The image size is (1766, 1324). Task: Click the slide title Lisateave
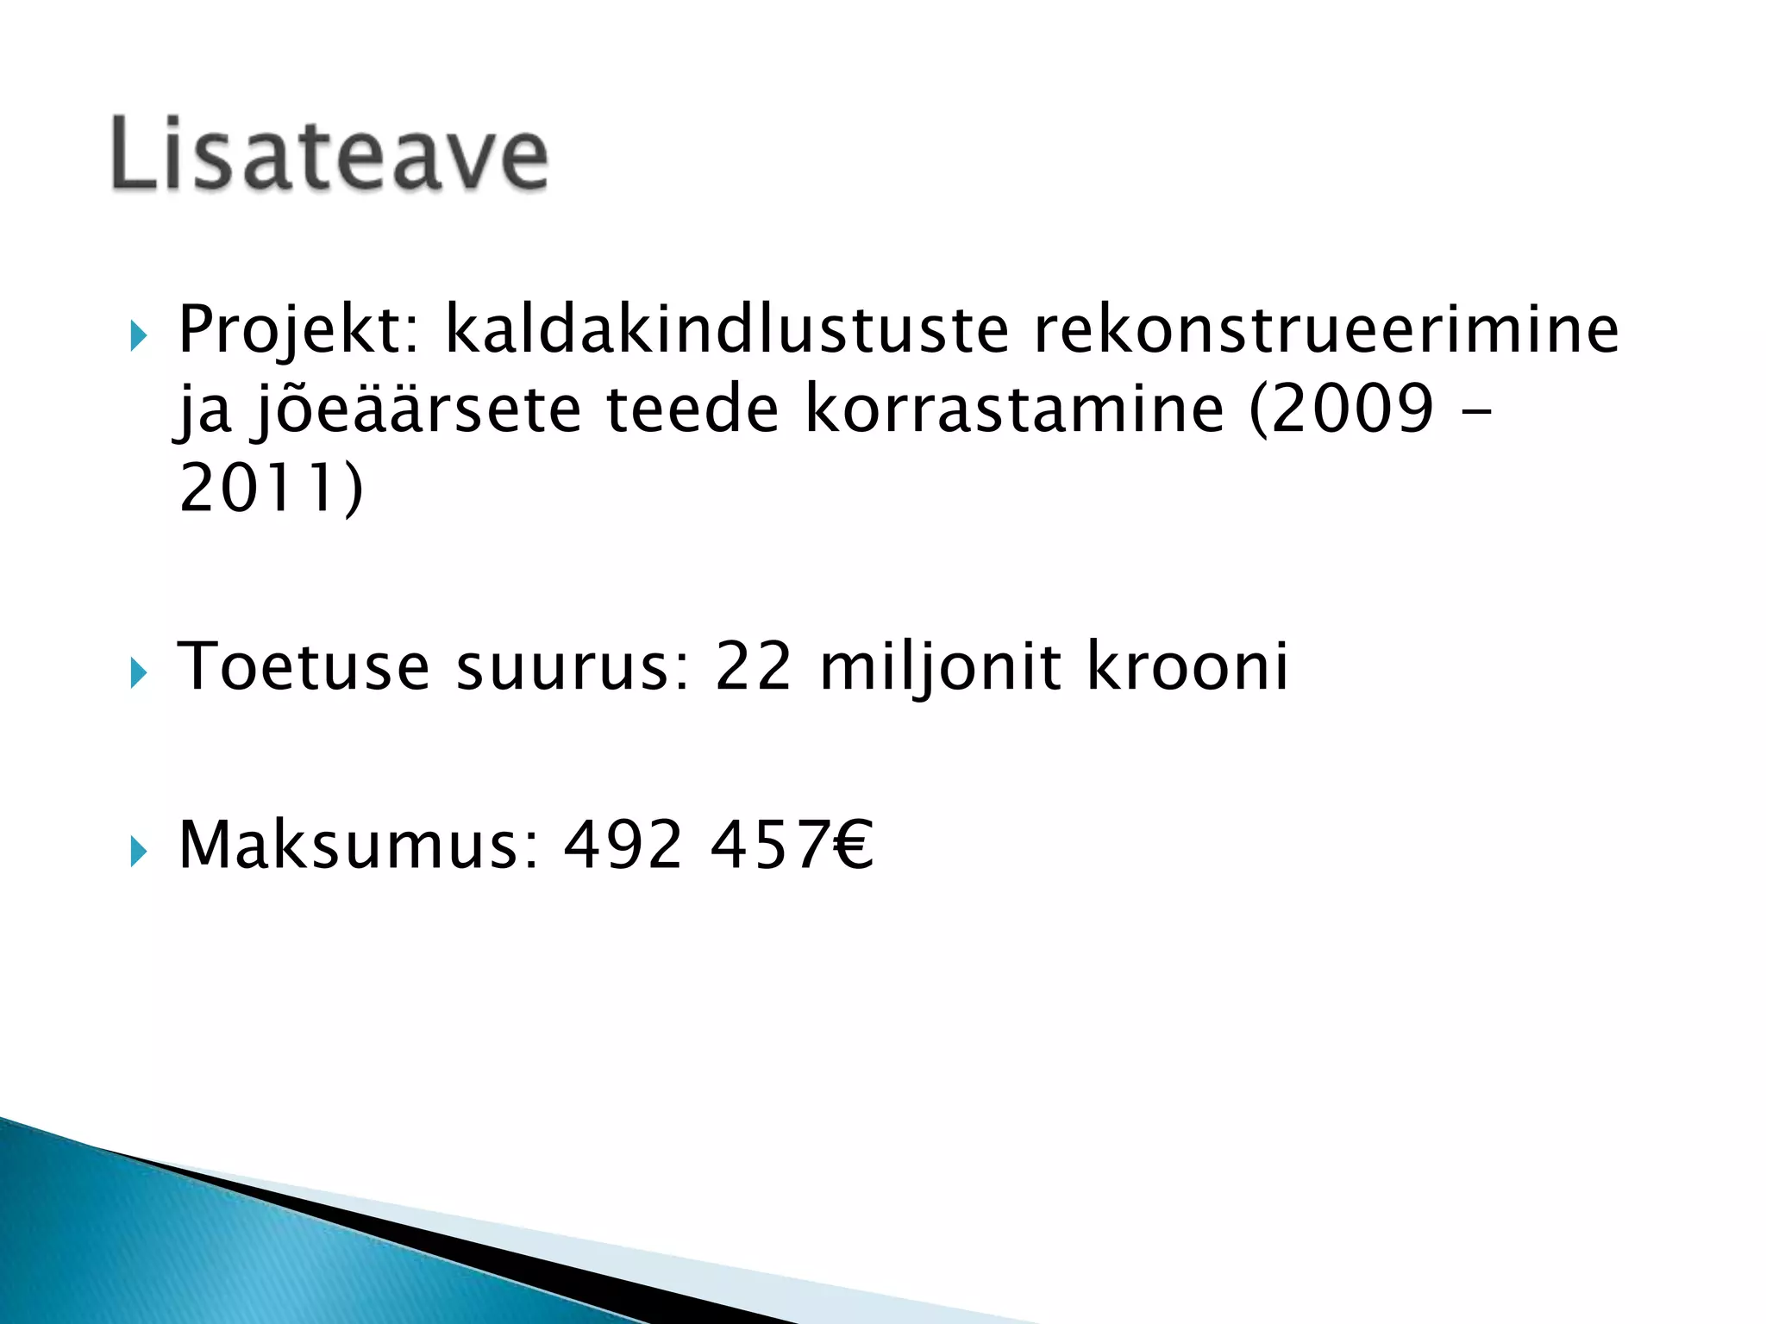point(329,153)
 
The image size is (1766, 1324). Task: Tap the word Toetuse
point(303,666)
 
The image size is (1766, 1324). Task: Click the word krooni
point(1187,666)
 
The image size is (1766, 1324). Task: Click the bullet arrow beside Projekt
point(138,335)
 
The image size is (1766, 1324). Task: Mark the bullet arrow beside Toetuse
point(138,672)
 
